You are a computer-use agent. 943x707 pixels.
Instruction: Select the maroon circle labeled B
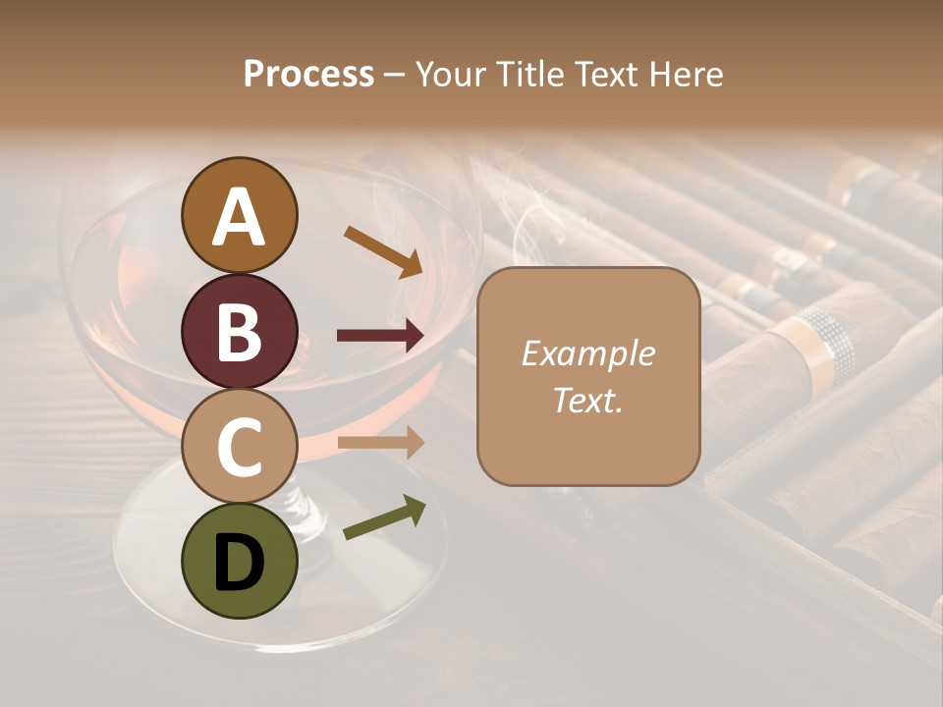(x=240, y=332)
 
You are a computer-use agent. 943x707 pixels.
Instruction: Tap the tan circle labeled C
(x=240, y=447)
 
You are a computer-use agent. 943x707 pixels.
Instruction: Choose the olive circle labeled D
(x=240, y=561)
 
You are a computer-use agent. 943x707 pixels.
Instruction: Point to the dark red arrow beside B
(x=380, y=336)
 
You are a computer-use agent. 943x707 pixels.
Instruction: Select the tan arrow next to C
(x=380, y=443)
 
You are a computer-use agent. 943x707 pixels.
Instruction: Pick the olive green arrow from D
(x=384, y=517)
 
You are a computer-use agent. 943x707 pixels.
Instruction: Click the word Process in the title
(x=308, y=74)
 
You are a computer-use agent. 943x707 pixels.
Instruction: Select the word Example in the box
(x=588, y=353)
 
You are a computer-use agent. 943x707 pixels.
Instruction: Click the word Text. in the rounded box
(x=588, y=401)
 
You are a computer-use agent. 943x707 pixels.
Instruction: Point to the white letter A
(x=240, y=217)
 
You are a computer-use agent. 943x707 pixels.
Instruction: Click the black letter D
(x=240, y=564)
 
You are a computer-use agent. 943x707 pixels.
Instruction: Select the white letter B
(x=240, y=334)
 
